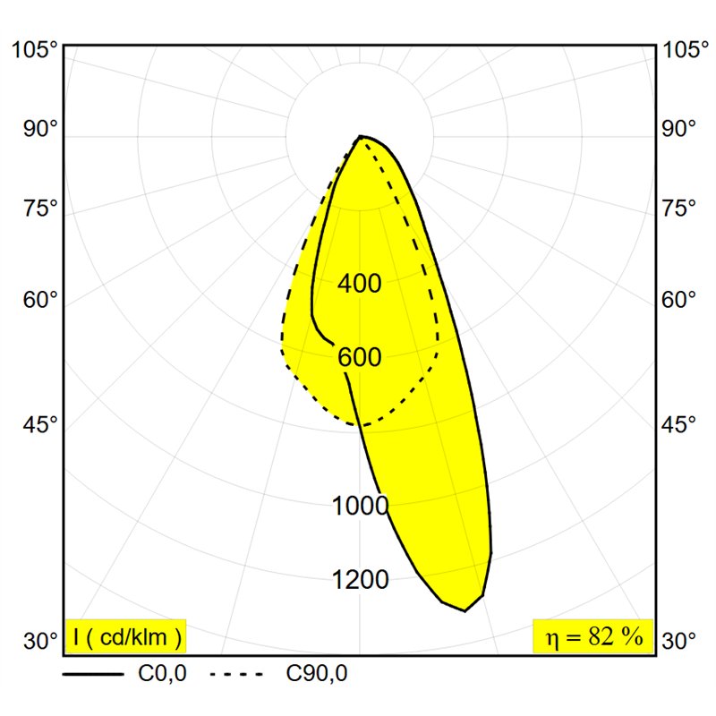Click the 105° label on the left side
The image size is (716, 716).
(x=36, y=49)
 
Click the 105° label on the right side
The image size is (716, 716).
(x=686, y=49)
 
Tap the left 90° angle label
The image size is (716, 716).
(x=40, y=129)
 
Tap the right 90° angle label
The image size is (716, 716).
(x=679, y=129)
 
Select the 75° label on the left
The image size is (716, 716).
(x=40, y=209)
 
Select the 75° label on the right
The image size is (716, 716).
(x=679, y=209)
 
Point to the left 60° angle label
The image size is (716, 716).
(x=40, y=300)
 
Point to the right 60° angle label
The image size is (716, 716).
(x=679, y=300)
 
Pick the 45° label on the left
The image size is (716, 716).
(x=40, y=424)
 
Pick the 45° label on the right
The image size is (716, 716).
(x=679, y=424)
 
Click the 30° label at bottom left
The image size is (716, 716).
(x=40, y=641)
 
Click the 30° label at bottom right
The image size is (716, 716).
(x=679, y=641)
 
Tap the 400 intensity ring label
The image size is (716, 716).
(x=360, y=283)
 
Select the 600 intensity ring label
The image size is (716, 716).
(x=360, y=357)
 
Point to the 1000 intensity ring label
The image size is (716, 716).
(x=360, y=506)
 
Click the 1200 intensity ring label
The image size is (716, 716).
(x=360, y=580)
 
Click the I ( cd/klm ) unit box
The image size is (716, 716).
(x=126, y=636)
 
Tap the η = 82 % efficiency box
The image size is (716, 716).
(x=593, y=636)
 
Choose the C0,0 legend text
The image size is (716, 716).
(x=163, y=674)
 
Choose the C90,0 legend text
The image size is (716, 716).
(x=317, y=674)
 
